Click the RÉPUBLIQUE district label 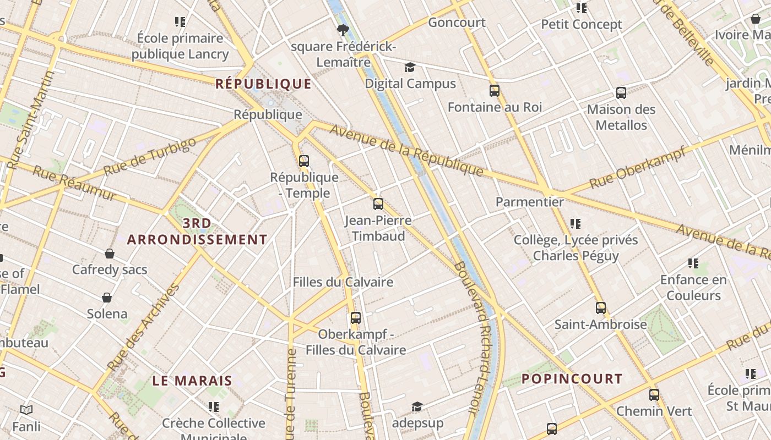tap(263, 84)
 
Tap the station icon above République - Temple tap(303, 161)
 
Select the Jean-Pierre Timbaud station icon tap(378, 204)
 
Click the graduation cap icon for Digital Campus tap(410, 68)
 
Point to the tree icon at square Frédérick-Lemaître tap(344, 30)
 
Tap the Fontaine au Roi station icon tap(495, 91)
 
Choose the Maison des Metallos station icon tap(621, 93)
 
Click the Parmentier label tap(530, 202)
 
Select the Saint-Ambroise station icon tap(601, 308)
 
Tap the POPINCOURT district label tap(572, 379)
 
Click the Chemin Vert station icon tap(654, 395)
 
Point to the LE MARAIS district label tap(192, 381)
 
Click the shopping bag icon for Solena tap(107, 298)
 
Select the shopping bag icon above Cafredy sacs tap(110, 254)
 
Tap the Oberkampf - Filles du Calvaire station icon tap(356, 318)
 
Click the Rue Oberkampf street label tap(638, 167)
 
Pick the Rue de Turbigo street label tap(149, 156)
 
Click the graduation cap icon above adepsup tap(417, 407)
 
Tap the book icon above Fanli tap(26, 410)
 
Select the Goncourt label tap(457, 23)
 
